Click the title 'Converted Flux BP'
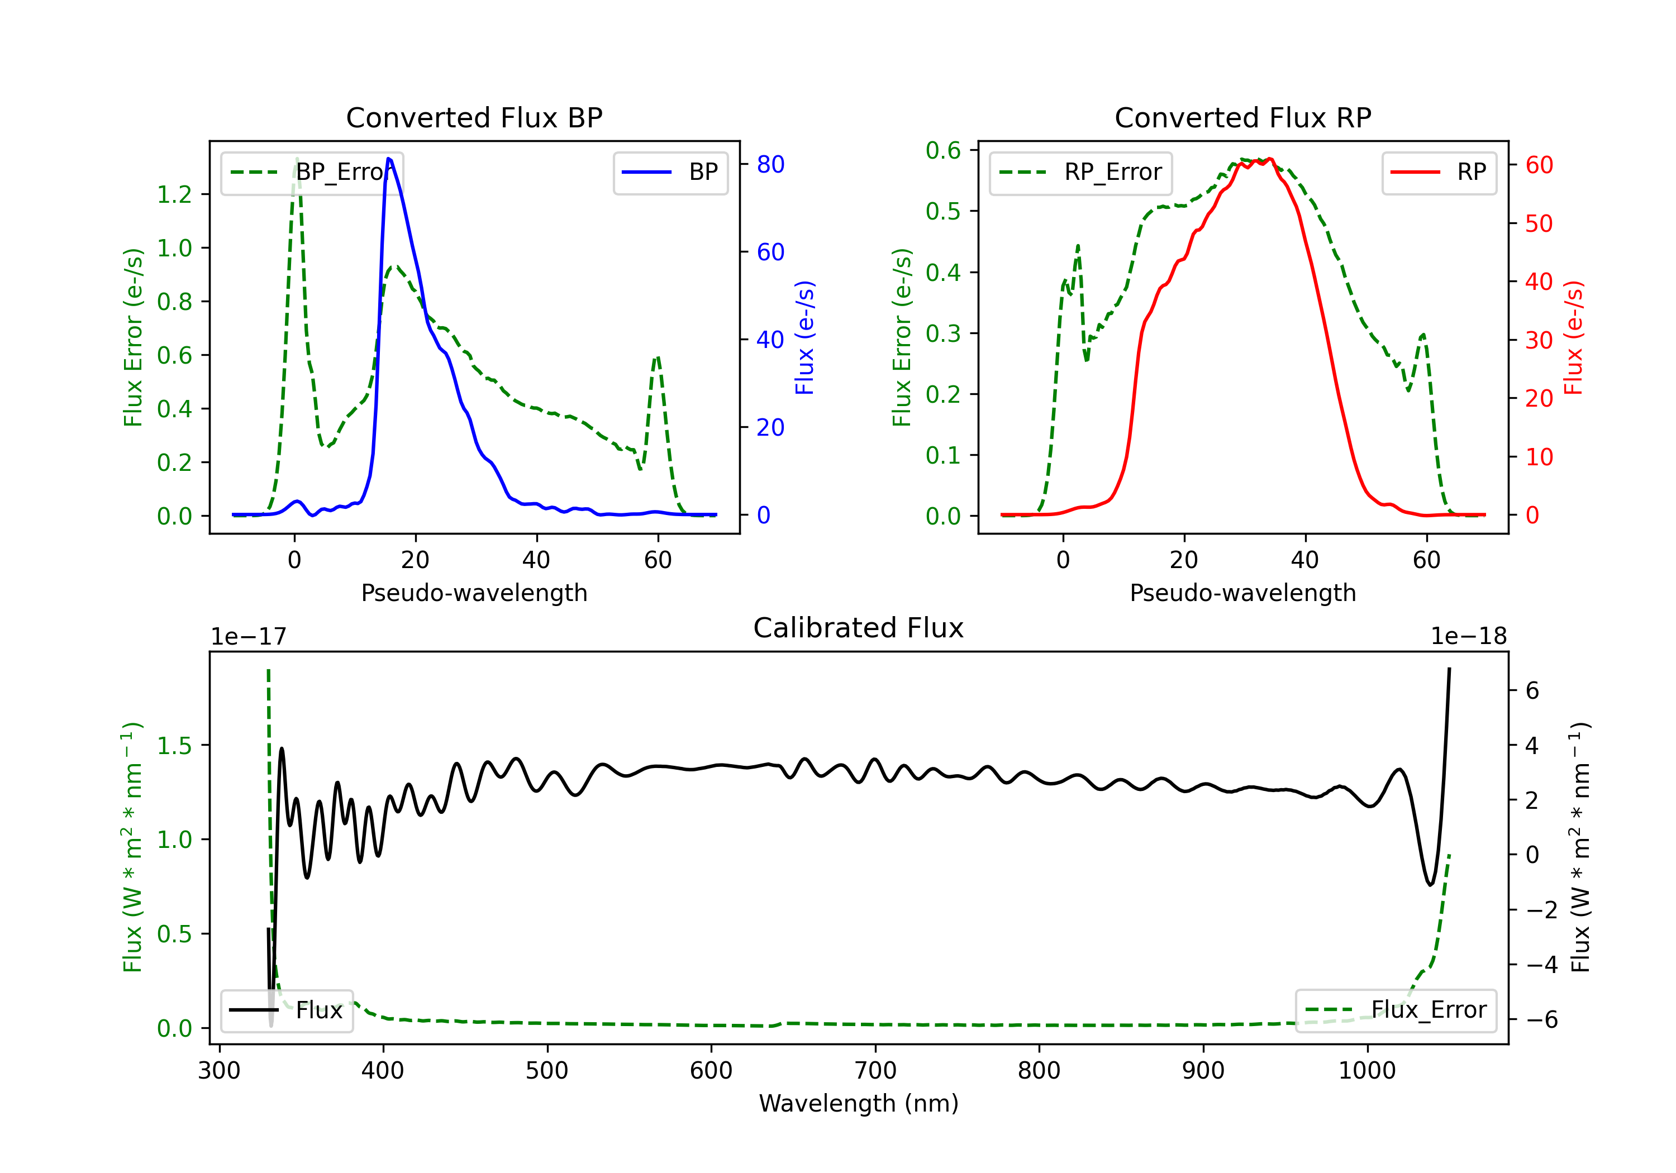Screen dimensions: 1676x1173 coord(474,117)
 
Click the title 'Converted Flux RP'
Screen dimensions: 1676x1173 coord(1242,117)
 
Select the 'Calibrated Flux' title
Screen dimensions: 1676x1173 coord(859,628)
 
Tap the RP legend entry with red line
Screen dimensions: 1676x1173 coord(1439,172)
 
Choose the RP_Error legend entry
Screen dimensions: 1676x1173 coord(1080,172)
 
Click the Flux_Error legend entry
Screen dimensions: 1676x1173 coord(1396,1010)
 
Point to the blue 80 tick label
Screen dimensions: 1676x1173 coord(770,164)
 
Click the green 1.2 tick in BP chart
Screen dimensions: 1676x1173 coord(174,194)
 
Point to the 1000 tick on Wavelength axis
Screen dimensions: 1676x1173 coord(1367,1071)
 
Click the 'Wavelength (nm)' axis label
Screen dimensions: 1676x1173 coord(859,1104)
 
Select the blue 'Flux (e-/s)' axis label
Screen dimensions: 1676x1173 coord(804,337)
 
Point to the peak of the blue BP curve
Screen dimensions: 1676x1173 coord(388,159)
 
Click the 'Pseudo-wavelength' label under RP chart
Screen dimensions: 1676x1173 coord(1242,593)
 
